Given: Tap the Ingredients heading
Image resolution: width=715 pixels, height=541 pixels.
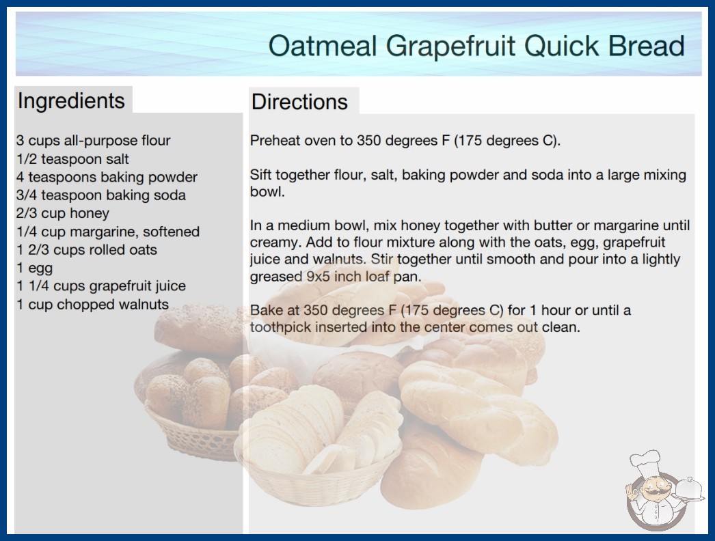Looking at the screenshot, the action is pos(71,101).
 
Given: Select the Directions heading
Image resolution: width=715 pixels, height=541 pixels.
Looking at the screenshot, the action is pos(299,102).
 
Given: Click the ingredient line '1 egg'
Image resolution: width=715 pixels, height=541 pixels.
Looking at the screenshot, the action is pos(35,268).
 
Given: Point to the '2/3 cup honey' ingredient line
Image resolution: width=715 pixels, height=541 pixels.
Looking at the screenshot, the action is pos(63,213).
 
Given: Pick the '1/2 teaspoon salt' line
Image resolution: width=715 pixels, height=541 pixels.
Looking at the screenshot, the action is pos(72,159).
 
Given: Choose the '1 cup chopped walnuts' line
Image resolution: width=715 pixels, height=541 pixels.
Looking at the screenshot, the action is pos(92,305).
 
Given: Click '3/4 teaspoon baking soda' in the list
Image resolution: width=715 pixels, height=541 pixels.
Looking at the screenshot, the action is pos(100,195).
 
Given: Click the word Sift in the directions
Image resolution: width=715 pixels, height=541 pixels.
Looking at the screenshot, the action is pos(260,175).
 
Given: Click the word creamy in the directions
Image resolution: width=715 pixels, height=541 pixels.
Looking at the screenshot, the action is pos(273,242).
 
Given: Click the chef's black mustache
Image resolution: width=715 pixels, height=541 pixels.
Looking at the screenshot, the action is pos(653,493).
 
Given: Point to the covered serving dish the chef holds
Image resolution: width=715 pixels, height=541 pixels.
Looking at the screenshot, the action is pos(689,490).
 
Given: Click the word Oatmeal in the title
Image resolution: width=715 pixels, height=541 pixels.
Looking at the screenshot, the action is pos(323,46).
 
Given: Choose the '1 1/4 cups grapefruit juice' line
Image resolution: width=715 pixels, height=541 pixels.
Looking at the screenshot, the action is pos(101,286).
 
